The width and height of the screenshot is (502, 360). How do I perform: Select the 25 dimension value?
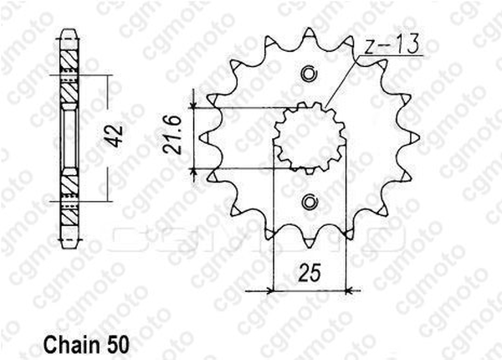[309, 273]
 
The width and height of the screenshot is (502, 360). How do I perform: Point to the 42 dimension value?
[115, 136]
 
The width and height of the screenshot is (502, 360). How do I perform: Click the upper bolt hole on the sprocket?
[310, 74]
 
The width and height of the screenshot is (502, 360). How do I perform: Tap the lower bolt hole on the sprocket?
[310, 203]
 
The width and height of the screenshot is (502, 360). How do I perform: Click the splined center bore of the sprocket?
[310, 138]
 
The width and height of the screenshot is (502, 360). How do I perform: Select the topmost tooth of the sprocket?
[310, 33]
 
